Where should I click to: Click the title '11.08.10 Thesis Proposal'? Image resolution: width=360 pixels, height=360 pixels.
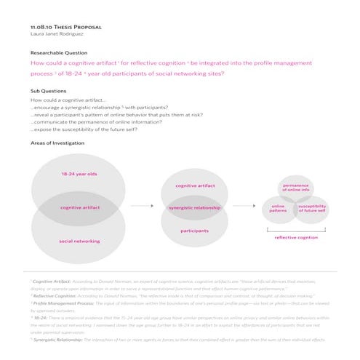[65, 26]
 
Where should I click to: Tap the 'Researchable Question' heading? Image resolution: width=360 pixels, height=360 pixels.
[58, 53]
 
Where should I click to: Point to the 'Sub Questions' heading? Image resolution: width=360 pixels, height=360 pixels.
[49, 91]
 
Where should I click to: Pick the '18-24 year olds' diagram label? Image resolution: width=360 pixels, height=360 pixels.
[79, 175]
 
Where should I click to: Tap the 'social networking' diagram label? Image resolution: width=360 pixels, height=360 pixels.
[79, 241]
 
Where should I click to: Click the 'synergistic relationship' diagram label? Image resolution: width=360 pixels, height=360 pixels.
[194, 208]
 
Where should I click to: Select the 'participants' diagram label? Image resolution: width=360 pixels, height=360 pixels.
[194, 231]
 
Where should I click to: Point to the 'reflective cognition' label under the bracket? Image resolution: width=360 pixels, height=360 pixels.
[295, 238]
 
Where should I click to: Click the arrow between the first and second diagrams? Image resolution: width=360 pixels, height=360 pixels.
[144, 208]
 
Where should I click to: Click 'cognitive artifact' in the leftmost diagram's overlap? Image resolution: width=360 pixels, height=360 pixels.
[79, 208]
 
